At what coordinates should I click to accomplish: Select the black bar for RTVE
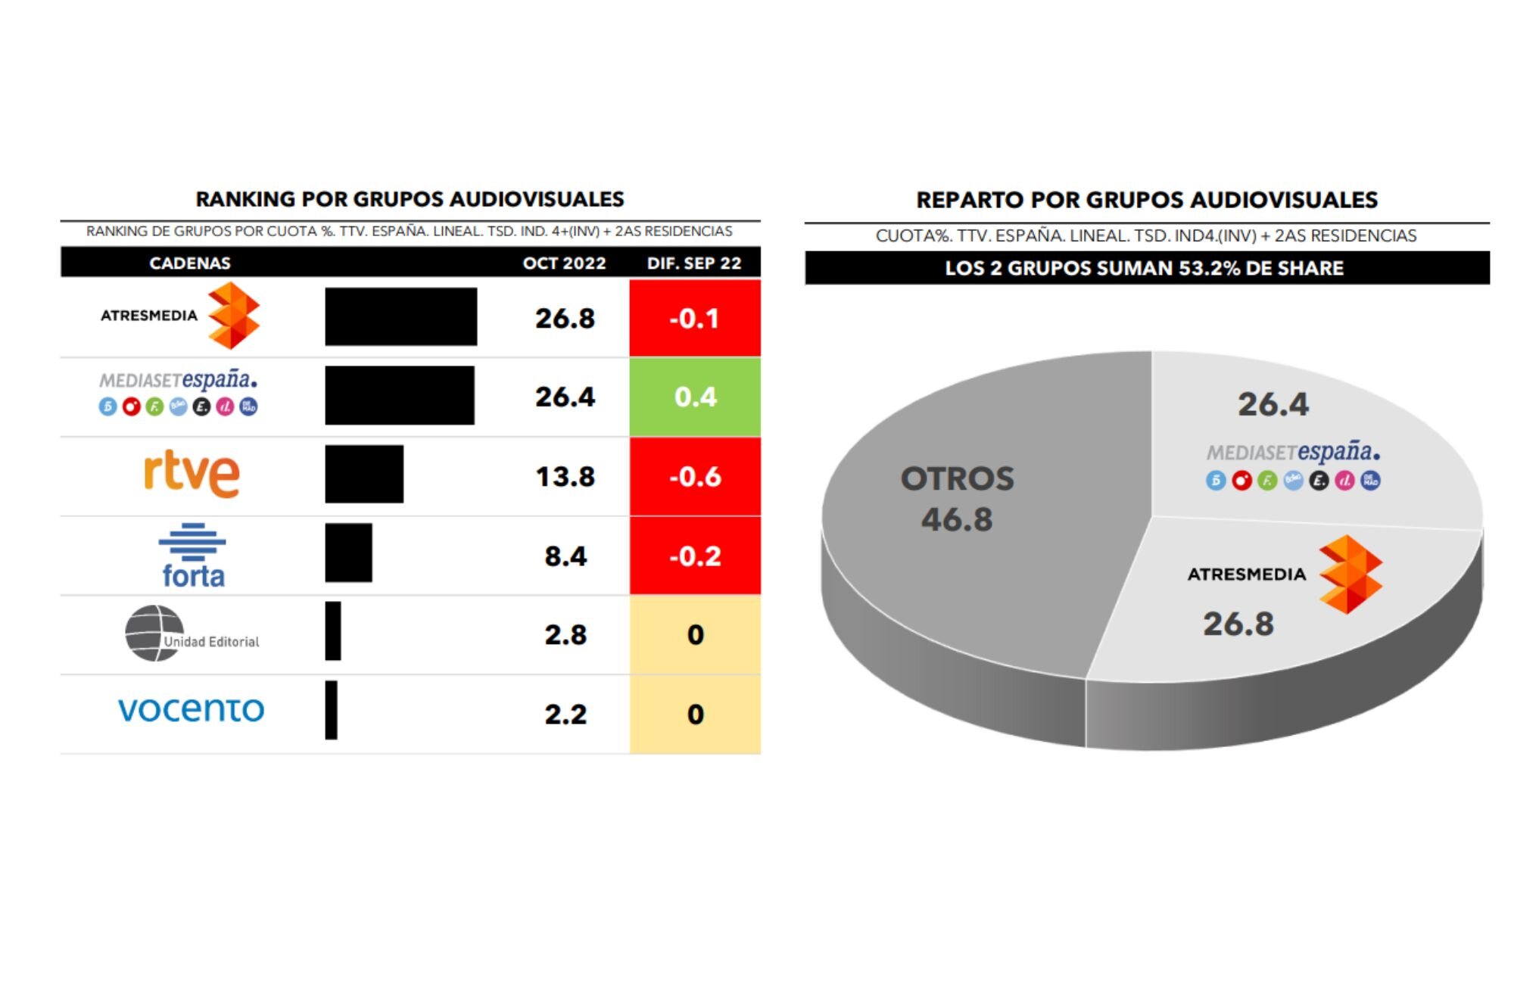point(364,475)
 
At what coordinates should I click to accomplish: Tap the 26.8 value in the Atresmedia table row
point(565,319)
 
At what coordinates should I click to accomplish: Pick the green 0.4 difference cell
point(695,397)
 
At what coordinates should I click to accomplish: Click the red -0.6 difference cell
point(695,477)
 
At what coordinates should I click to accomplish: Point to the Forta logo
point(192,556)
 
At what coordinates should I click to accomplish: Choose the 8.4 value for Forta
point(565,556)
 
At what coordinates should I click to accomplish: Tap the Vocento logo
point(192,709)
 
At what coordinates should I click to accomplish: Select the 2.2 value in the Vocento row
point(565,714)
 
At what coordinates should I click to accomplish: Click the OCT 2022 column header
point(564,263)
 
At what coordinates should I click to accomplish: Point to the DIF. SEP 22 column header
point(694,263)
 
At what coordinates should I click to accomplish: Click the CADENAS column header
point(190,263)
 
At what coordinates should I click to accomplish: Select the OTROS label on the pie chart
point(957,478)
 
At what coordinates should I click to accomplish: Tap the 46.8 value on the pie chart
point(957,519)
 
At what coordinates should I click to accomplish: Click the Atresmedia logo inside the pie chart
point(1350,574)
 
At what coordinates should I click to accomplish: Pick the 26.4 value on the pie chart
point(1273,404)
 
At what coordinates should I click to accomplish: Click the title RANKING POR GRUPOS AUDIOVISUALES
point(410,199)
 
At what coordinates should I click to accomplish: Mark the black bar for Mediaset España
point(400,395)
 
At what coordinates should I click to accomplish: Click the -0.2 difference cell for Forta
point(695,556)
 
